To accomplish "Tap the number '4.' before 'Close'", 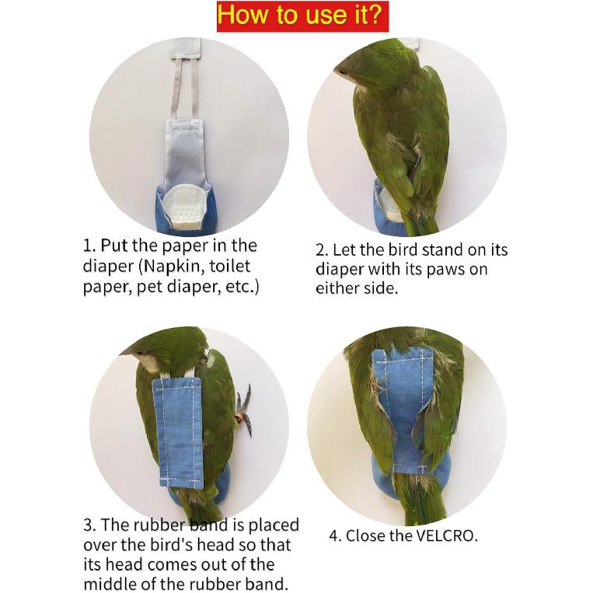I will (x=336, y=535).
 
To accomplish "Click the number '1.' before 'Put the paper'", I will (x=89, y=246).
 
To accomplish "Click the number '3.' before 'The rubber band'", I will (x=90, y=526).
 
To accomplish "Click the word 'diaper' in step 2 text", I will (x=339, y=269).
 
